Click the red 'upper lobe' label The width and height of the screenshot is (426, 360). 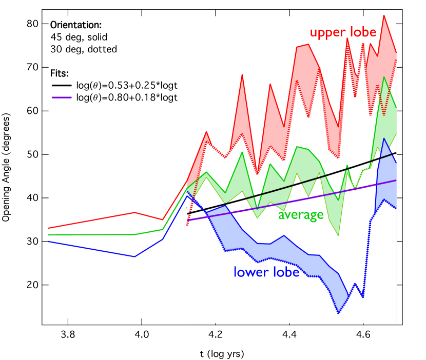[343, 33]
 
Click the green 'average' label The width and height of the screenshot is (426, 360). [301, 214]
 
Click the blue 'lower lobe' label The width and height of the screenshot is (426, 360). [266, 272]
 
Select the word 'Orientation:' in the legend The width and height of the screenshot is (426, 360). [76, 25]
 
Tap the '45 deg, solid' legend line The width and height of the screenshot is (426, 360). [79, 37]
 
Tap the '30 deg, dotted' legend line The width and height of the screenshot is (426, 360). [84, 49]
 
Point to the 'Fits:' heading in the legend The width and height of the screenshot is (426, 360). [60, 73]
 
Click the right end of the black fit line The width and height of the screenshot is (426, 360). [396, 153]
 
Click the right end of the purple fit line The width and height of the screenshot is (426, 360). [396, 180]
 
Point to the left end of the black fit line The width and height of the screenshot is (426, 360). [187, 213]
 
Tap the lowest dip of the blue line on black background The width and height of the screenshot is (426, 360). [134, 256]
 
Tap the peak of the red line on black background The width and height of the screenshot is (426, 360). [134, 212]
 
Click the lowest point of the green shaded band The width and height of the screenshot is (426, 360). [338, 235]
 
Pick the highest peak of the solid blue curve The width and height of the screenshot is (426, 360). [384, 138]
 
